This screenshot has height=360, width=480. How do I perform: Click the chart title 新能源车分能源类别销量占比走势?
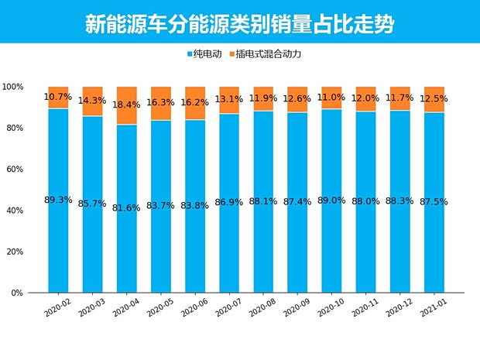click(x=239, y=23)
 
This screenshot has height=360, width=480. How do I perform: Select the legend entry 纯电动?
click(x=207, y=54)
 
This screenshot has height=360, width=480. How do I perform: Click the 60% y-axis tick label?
click(x=15, y=170)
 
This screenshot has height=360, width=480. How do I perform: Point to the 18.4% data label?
click(x=127, y=104)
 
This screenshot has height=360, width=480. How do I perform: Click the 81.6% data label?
click(x=127, y=208)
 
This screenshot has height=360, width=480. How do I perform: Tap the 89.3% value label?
click(x=58, y=200)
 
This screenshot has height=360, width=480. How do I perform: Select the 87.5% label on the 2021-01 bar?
click(x=434, y=201)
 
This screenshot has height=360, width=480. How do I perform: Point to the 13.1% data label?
click(x=230, y=99)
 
